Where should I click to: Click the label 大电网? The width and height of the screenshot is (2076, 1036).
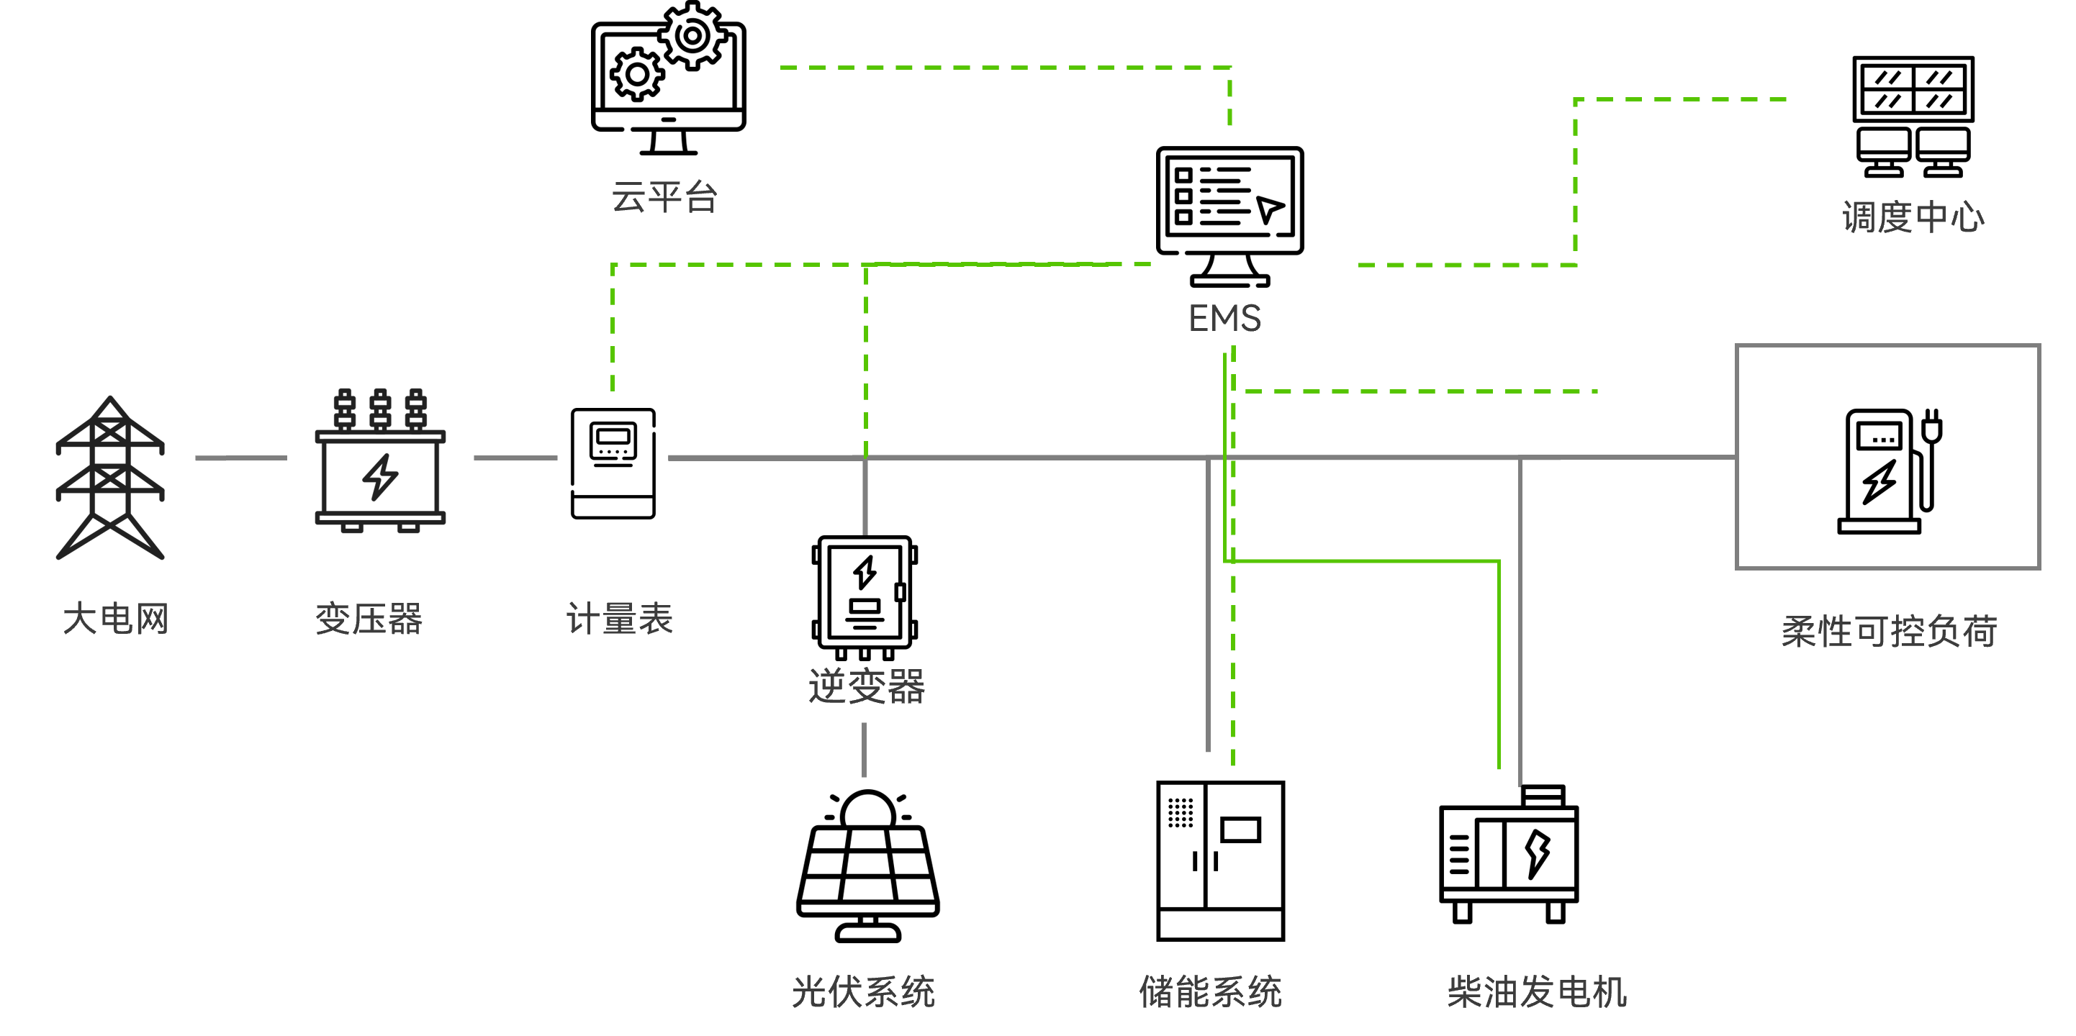click(x=115, y=619)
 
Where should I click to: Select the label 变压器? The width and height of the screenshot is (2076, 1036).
click(x=369, y=619)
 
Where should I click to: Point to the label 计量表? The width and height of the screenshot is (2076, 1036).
click(x=619, y=619)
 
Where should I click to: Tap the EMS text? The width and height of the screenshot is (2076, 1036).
click(x=1224, y=318)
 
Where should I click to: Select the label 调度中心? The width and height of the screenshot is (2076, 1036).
click(x=1913, y=217)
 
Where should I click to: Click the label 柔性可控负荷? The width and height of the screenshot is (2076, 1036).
click(x=1888, y=631)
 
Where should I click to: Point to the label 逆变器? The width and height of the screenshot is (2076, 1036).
click(x=867, y=686)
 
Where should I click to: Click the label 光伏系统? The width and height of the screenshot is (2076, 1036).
click(x=863, y=991)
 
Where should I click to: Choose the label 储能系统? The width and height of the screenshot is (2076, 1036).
click(x=1209, y=991)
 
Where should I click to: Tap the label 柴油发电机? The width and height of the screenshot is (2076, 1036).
click(x=1537, y=991)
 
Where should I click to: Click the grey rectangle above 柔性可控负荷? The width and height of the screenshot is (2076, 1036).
click(x=1887, y=457)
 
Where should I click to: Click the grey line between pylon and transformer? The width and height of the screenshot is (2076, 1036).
click(x=240, y=458)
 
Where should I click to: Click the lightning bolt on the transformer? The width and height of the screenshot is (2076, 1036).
click(x=379, y=476)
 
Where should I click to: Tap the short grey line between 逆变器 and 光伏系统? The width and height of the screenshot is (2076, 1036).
click(x=864, y=749)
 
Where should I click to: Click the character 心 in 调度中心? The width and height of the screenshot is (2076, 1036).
click(x=1968, y=217)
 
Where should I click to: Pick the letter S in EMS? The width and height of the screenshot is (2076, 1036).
click(x=1250, y=318)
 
